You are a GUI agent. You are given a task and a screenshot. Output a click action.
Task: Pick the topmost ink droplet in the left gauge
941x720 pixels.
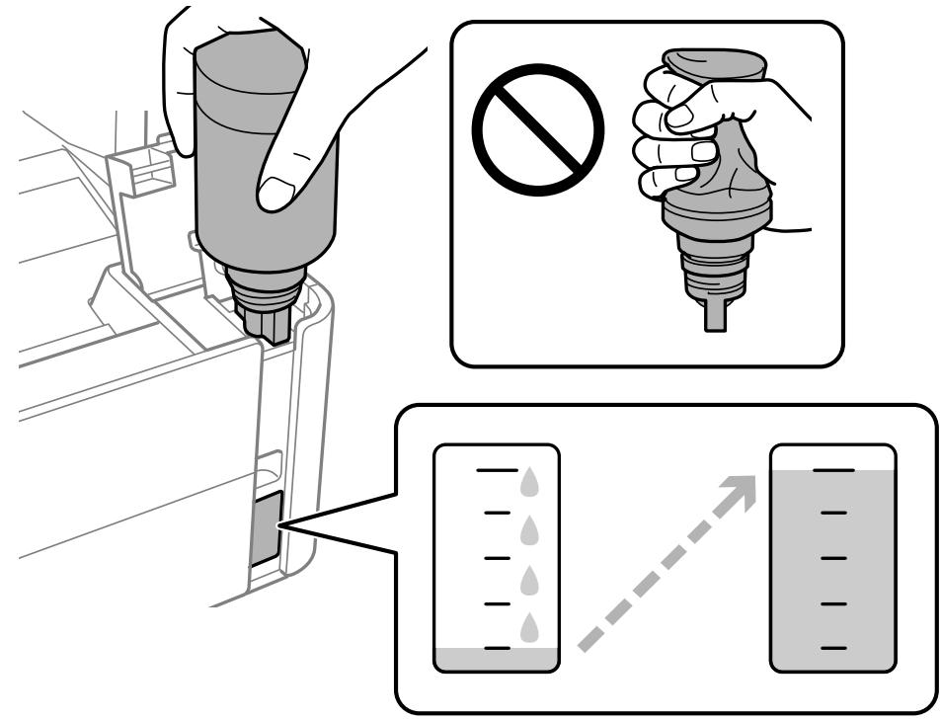click(531, 482)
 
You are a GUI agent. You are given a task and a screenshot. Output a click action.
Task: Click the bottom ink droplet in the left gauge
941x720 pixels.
click(531, 626)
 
